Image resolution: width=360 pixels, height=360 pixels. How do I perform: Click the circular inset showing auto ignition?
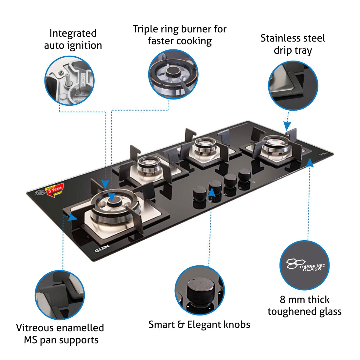click(x=69, y=81)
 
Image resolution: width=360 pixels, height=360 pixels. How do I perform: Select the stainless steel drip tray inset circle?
click(x=293, y=85)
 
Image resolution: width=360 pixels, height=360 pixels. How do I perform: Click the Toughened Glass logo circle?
click(x=304, y=265)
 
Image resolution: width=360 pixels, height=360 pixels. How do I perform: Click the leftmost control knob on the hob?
click(x=199, y=194)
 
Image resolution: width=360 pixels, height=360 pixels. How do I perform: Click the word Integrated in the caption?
click(x=73, y=33)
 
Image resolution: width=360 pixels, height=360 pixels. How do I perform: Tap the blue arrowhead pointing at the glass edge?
click(x=310, y=162)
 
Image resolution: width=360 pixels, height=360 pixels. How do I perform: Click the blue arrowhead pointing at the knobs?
click(x=212, y=192)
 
